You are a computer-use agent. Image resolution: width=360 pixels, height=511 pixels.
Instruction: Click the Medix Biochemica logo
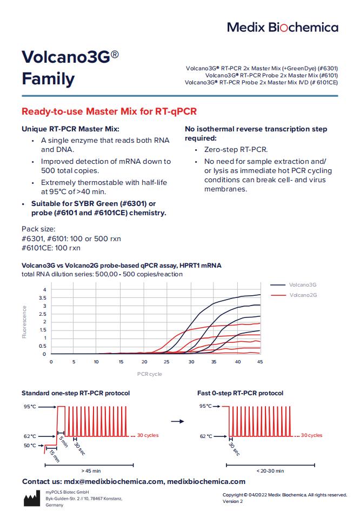click(282, 27)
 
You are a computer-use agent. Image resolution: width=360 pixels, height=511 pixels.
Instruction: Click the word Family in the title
click(48, 79)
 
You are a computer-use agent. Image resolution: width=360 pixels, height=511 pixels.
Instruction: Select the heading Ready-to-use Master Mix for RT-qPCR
click(109, 112)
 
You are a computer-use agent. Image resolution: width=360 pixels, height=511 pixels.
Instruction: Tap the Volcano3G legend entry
click(302, 284)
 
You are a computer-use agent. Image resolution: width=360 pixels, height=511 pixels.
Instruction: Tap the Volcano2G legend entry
click(302, 295)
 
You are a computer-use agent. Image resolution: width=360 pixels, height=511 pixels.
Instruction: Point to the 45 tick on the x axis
click(260, 361)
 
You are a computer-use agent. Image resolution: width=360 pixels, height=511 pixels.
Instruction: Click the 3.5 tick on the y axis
click(44, 298)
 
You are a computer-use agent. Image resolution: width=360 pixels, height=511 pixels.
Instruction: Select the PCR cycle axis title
click(149, 374)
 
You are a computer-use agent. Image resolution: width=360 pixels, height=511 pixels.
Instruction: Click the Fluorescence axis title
click(24, 322)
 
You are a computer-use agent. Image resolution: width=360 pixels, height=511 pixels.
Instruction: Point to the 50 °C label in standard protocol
click(29, 446)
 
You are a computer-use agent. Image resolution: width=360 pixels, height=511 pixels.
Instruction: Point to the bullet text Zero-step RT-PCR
click(236, 150)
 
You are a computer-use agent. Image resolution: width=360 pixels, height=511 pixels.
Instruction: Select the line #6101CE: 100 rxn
click(51, 248)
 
